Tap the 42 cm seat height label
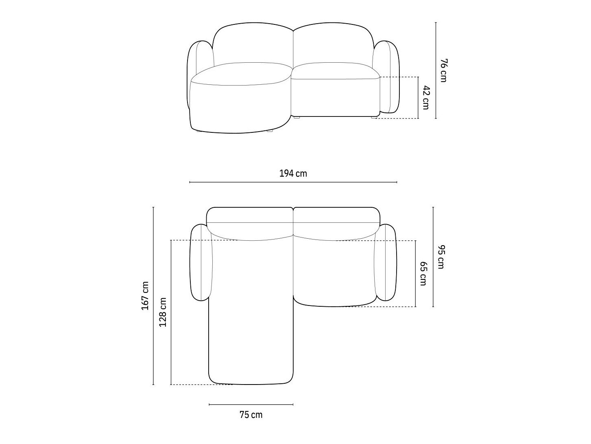pos(426,98)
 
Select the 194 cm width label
pos(293,174)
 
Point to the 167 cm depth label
pos(145,296)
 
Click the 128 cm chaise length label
pos(163,312)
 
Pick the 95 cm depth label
pos(441,257)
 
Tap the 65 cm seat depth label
pos(423,274)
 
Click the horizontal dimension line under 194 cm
pos(293,182)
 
